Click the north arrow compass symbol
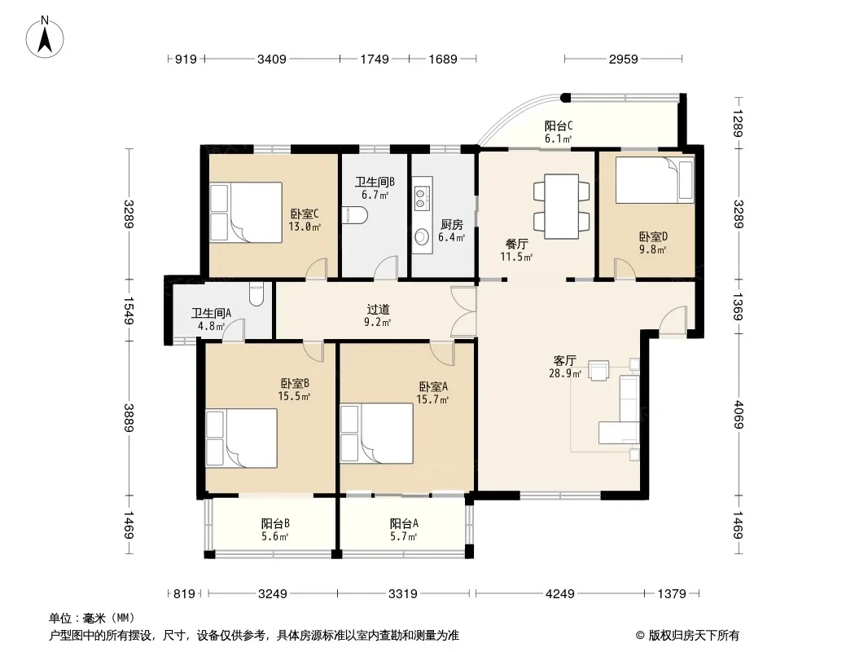click(x=45, y=37)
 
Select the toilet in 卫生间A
click(x=256, y=293)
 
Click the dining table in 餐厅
click(x=561, y=207)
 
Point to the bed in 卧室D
click(x=655, y=179)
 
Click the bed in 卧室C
click(x=246, y=212)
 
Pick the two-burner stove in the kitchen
click(x=420, y=199)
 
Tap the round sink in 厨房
click(x=422, y=237)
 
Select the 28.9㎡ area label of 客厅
click(x=564, y=374)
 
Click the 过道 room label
click(x=378, y=310)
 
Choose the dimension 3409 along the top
click(x=272, y=59)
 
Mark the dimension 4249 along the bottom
click(x=559, y=594)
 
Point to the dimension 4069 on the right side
click(x=738, y=414)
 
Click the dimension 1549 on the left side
click(x=129, y=311)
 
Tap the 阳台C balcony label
click(x=558, y=126)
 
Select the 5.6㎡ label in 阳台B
click(x=275, y=536)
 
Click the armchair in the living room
click(x=598, y=371)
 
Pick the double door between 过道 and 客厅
click(x=464, y=311)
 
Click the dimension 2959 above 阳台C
click(x=624, y=59)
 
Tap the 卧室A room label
click(x=433, y=386)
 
